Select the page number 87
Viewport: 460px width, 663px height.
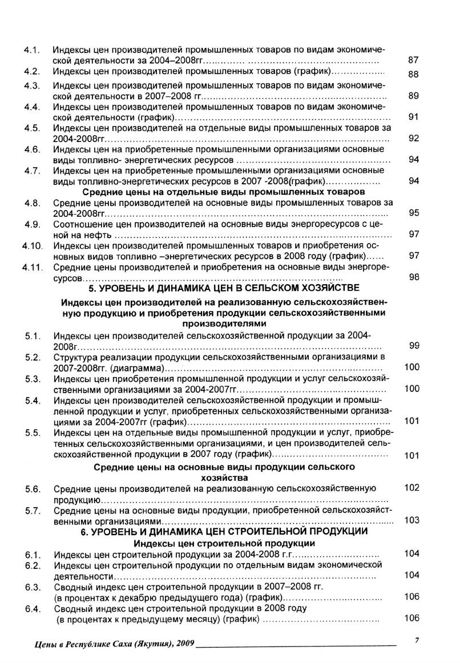click(x=414, y=59)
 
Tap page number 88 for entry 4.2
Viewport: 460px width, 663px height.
click(x=414, y=74)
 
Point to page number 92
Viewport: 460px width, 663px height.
click(x=414, y=138)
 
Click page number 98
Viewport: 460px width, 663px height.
click(x=414, y=277)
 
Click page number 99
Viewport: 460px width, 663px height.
click(x=414, y=345)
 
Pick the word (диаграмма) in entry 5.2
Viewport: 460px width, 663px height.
click(x=137, y=368)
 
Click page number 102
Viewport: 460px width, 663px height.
click(x=411, y=488)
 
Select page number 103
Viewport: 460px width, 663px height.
click(x=411, y=520)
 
